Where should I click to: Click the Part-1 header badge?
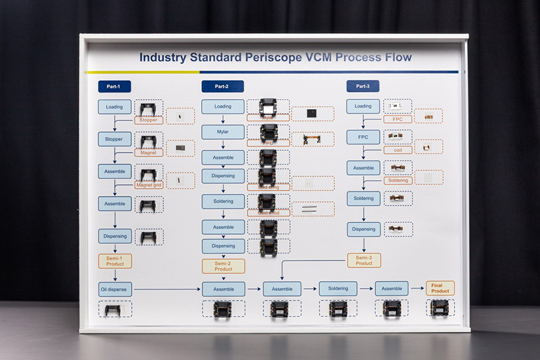pyautogui.click(x=114, y=87)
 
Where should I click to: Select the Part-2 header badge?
pyautogui.click(x=222, y=87)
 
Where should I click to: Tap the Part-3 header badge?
pyautogui.click(x=362, y=87)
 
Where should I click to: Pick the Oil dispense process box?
pyautogui.click(x=115, y=289)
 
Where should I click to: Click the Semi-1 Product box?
pyautogui.click(x=115, y=261)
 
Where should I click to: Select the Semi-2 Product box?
pyautogui.click(x=223, y=266)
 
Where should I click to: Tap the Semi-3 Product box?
pyautogui.click(x=364, y=260)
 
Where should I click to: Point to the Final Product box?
pyautogui.click(x=440, y=289)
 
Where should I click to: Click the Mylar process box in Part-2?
pyautogui.click(x=222, y=132)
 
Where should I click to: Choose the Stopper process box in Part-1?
pyautogui.click(x=114, y=139)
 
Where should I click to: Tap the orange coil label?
pyautogui.click(x=397, y=150)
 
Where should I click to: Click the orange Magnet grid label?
pyautogui.click(x=148, y=185)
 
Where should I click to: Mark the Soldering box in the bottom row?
pyautogui.click(x=338, y=289)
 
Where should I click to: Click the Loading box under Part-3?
pyautogui.click(x=363, y=106)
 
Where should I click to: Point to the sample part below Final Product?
pyautogui.click(x=440, y=308)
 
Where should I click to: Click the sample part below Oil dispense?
pyautogui.click(x=113, y=309)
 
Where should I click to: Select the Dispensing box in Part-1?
pyautogui.click(x=115, y=236)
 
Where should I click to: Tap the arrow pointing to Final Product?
pyautogui.click(x=418, y=289)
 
